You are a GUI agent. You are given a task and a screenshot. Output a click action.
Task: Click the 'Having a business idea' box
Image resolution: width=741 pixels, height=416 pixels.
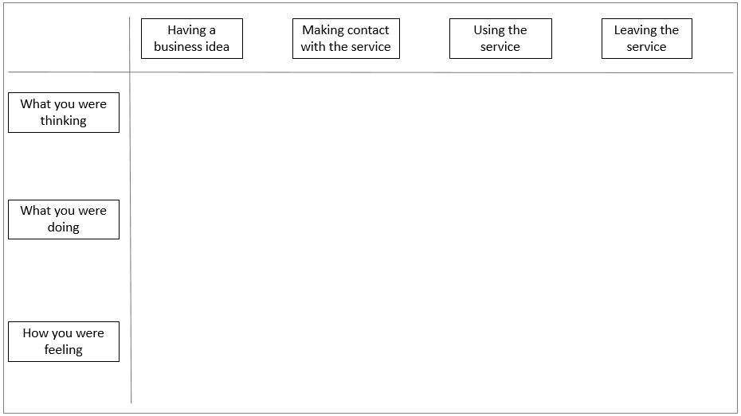pos(192,39)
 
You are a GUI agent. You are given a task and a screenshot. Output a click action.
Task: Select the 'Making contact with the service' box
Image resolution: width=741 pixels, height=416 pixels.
pos(346,39)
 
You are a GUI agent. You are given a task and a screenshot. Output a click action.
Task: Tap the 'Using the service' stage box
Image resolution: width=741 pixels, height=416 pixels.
pos(500,39)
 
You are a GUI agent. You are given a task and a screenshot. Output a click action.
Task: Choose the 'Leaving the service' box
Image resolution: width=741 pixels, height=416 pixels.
pos(646,39)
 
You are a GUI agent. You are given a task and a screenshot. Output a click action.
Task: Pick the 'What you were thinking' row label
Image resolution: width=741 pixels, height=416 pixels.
pos(64,112)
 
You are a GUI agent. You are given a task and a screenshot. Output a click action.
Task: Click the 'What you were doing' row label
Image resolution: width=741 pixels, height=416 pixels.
pos(64,220)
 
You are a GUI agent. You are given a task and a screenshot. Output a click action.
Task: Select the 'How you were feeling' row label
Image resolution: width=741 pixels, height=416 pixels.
pos(64,341)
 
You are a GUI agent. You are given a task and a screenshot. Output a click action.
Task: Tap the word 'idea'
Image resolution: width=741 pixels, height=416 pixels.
pos(218,47)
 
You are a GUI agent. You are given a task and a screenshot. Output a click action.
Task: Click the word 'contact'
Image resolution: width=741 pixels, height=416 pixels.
pos(367,30)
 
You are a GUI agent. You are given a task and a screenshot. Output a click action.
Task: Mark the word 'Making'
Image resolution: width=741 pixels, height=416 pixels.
pos(323,31)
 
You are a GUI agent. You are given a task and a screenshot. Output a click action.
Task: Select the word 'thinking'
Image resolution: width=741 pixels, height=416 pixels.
pos(63,121)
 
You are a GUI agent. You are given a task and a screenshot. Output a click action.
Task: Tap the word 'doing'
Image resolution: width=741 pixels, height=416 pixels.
pos(63,227)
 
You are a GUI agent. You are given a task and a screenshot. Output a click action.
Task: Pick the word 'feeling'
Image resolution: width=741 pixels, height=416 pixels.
pos(63,350)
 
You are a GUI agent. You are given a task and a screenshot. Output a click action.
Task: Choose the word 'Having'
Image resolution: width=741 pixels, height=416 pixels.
pos(186,31)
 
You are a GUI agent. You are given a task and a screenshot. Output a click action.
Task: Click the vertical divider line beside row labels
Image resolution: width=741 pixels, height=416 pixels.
pos(131,210)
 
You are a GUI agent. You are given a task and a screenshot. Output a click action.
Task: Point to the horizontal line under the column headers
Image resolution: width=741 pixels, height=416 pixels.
pos(371,72)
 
